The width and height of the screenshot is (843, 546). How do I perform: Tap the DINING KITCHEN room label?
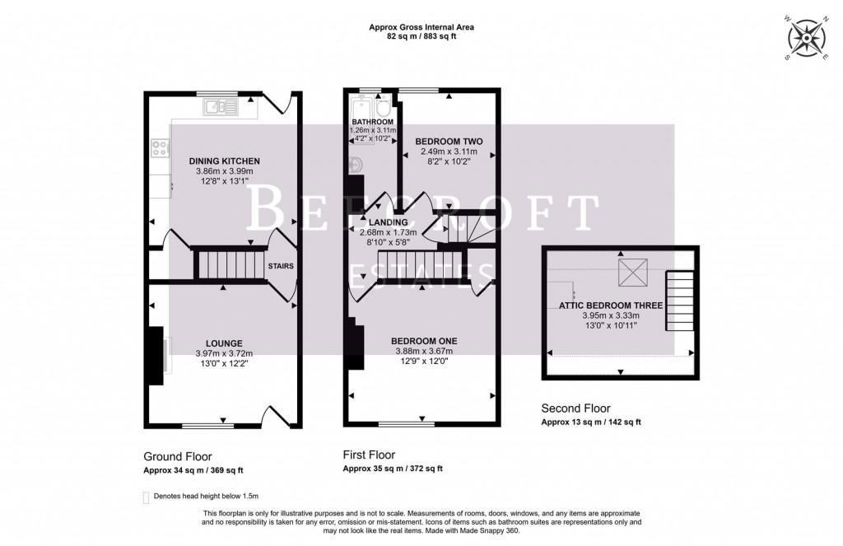point(225,161)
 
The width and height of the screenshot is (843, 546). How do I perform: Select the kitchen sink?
point(220,105)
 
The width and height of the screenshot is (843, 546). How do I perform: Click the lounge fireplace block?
point(154,356)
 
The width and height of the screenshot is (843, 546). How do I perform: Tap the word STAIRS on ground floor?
point(280,266)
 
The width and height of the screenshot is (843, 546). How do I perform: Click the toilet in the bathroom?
point(382,109)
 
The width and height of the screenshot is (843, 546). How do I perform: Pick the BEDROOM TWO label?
point(449,141)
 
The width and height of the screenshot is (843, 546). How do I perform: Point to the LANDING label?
point(390,222)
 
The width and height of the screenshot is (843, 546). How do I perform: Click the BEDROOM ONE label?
point(424,340)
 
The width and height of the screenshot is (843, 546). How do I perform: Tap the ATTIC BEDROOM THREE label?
point(611,305)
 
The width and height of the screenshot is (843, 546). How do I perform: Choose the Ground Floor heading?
point(177,456)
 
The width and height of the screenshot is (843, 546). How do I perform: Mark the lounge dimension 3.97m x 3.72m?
point(225,353)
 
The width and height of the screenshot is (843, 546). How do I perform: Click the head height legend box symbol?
point(147,497)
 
